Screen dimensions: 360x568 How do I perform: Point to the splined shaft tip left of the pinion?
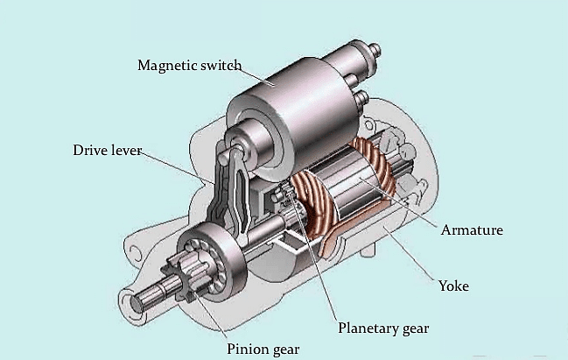[145, 297]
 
